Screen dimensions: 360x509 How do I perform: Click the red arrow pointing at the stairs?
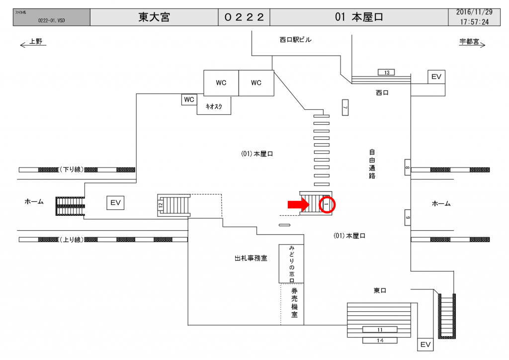click(297, 204)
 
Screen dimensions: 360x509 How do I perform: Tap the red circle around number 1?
click(327, 204)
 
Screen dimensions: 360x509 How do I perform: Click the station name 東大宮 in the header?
click(154, 17)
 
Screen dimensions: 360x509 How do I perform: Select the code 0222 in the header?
click(244, 17)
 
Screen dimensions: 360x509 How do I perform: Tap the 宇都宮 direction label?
click(469, 42)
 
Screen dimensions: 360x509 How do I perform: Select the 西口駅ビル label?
click(295, 40)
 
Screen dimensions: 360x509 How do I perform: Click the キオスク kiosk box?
click(214, 105)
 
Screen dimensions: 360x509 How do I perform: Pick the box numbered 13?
click(387, 73)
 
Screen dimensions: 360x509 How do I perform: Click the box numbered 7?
click(345, 107)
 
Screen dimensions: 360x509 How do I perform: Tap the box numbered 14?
click(380, 340)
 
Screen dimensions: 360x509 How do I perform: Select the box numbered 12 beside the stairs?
click(161, 204)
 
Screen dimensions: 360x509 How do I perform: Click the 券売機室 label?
click(294, 303)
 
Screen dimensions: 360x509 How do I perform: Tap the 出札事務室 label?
click(251, 259)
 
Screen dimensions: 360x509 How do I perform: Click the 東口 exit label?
click(380, 290)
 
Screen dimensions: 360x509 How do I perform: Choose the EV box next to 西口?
click(436, 77)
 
